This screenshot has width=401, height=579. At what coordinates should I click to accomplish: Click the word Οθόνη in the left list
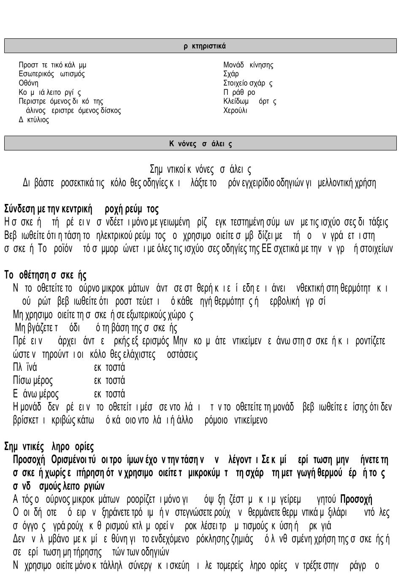click(28, 83)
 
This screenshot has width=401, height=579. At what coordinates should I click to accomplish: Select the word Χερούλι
click(235, 111)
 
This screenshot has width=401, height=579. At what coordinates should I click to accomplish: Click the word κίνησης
click(261, 65)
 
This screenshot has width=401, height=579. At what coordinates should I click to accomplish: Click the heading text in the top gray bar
click(205, 46)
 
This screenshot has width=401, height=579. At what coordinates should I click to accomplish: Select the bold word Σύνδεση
click(19, 209)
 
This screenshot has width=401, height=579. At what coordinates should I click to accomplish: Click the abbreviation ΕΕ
click(266, 249)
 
